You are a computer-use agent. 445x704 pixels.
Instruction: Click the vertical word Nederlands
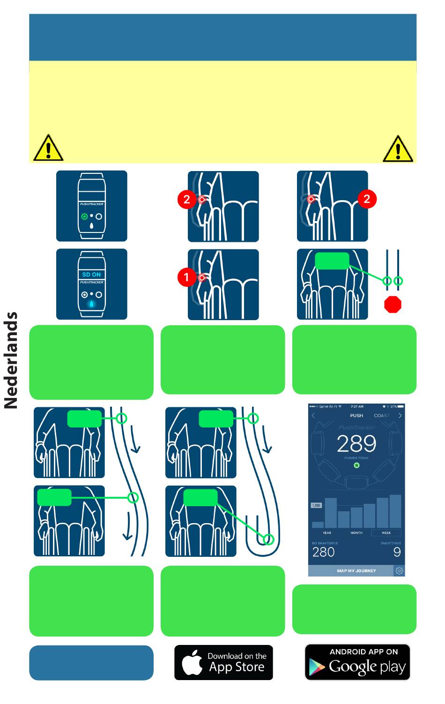[x=11, y=360]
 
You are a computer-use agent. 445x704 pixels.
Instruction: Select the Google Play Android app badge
[x=357, y=662]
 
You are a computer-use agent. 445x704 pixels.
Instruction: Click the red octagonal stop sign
[x=393, y=304]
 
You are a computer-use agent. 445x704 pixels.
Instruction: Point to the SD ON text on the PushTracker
[x=91, y=275]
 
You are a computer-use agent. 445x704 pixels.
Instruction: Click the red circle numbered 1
[x=186, y=277]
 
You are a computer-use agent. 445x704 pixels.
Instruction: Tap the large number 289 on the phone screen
[x=356, y=443]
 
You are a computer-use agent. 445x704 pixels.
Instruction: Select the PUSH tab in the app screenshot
[x=356, y=416]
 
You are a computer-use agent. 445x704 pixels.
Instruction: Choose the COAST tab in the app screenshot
[x=381, y=416]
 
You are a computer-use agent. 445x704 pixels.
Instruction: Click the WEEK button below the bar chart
[x=386, y=533]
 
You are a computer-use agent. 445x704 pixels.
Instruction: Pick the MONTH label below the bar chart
[x=356, y=533]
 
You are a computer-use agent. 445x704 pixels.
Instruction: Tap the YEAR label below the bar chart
[x=327, y=533]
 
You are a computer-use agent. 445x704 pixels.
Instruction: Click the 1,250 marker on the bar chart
[x=316, y=506]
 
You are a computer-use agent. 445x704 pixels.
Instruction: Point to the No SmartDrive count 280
[x=324, y=552]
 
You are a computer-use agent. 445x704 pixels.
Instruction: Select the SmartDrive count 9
[x=397, y=552]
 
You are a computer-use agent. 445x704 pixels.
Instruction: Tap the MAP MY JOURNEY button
[x=356, y=571]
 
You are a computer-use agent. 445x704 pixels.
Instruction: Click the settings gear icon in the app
[x=399, y=571]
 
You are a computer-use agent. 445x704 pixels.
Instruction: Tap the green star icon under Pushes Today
[x=356, y=465]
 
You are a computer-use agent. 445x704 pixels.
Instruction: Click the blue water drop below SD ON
[x=91, y=304]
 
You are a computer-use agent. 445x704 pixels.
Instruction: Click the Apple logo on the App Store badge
[x=192, y=663]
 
